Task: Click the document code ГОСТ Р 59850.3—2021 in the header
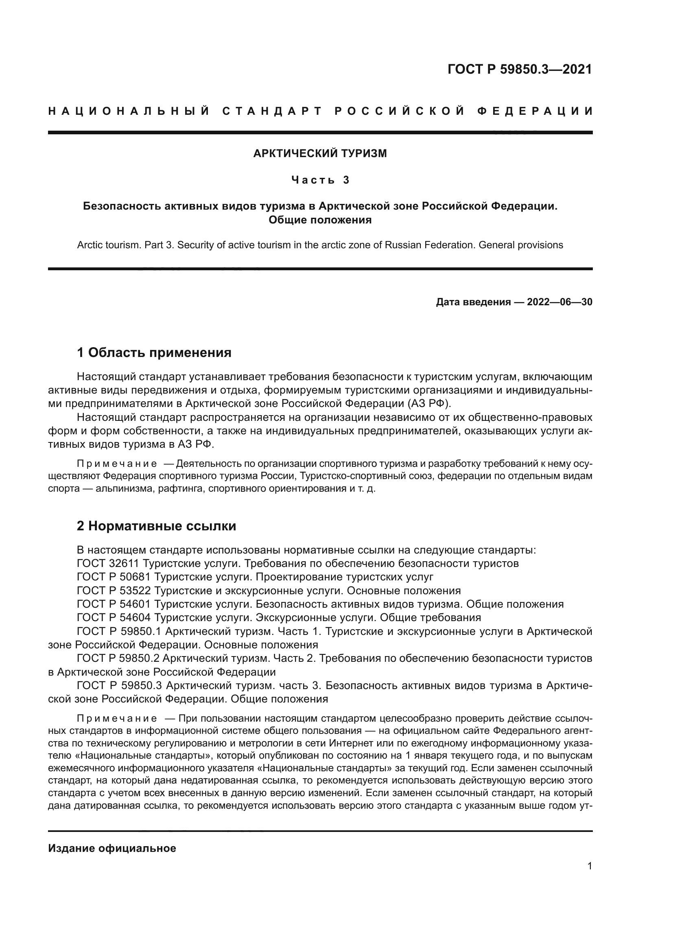[520, 69]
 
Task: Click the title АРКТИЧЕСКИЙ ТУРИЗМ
[320, 153]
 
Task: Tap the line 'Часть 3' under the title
[320, 180]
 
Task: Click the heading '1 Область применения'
[154, 353]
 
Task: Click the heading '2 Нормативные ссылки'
[157, 526]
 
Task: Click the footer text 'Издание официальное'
[112, 848]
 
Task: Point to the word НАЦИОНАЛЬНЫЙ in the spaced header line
[129, 111]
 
